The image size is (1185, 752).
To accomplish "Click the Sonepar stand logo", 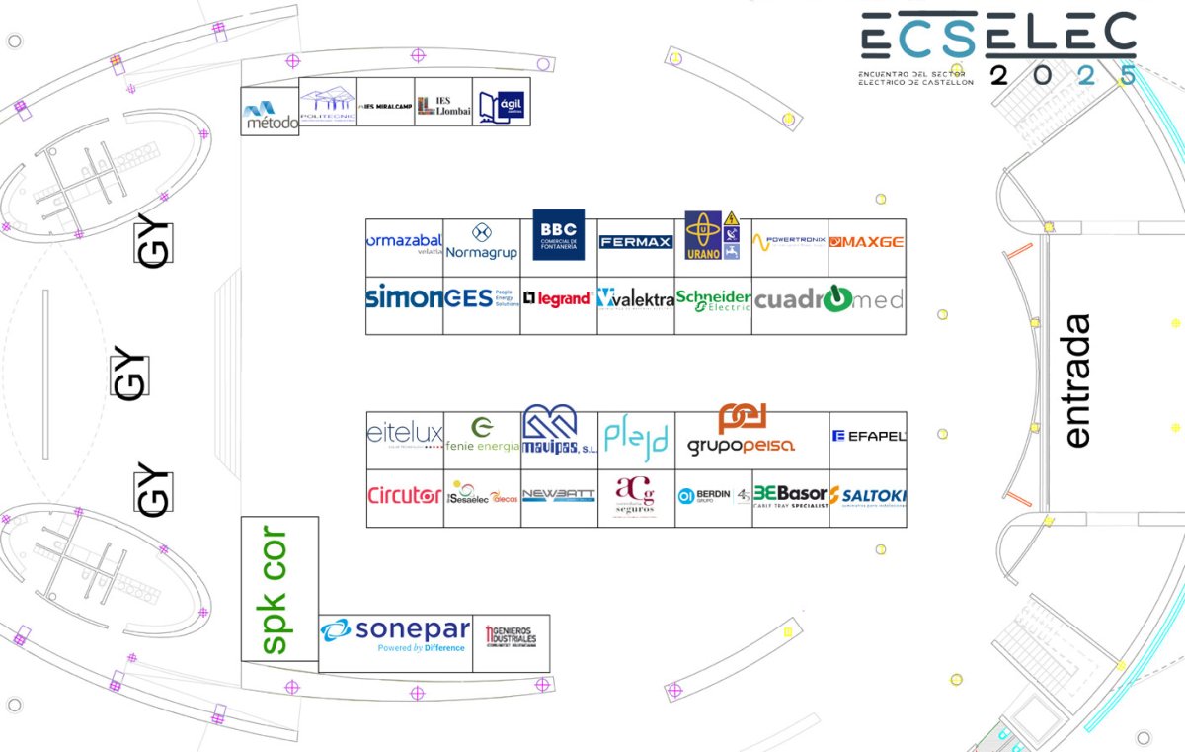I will pyautogui.click(x=395, y=635).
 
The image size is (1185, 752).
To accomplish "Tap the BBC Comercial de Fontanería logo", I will pyautogui.click(x=559, y=235).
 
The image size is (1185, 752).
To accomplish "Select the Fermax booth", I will pyautogui.click(x=636, y=242).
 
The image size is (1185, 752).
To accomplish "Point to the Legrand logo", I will pyautogui.click(x=558, y=298).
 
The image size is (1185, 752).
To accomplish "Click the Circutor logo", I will pyautogui.click(x=404, y=496).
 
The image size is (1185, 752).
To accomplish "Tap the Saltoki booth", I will pyautogui.click(x=868, y=496).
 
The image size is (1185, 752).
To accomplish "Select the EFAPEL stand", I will pyautogui.click(x=868, y=435).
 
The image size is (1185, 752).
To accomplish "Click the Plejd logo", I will pyautogui.click(x=636, y=436).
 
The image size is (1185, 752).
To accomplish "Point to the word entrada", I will pyautogui.click(x=1077, y=380).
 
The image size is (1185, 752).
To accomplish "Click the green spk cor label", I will pyautogui.click(x=276, y=589).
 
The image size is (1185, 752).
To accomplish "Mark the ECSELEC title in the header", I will pyautogui.click(x=998, y=38).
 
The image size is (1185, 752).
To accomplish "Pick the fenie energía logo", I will pyautogui.click(x=482, y=435).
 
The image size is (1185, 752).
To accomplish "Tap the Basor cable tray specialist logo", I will pyautogui.click(x=790, y=496).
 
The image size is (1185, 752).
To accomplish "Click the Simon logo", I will pyautogui.click(x=404, y=296).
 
